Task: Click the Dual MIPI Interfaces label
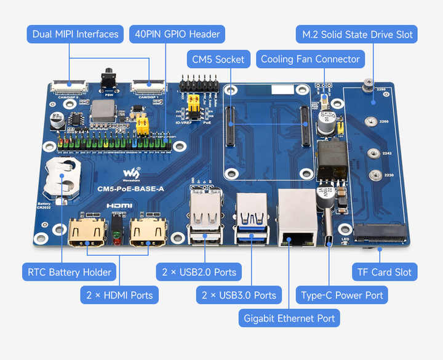point(74,34)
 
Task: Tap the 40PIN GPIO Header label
point(177,34)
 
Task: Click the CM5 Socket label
point(218,60)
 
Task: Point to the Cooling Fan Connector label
point(310,60)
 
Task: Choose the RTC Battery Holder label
point(70,272)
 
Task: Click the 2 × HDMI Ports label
point(119,295)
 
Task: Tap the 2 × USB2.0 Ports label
point(199,272)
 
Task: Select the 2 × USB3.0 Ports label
point(239,295)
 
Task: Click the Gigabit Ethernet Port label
point(289,318)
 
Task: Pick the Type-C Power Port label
point(341,295)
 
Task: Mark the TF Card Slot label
point(385,272)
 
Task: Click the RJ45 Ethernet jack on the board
point(298,218)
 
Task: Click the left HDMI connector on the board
point(86,232)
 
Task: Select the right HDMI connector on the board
point(148,232)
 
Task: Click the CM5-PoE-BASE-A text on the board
point(130,189)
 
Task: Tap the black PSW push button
point(109,80)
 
